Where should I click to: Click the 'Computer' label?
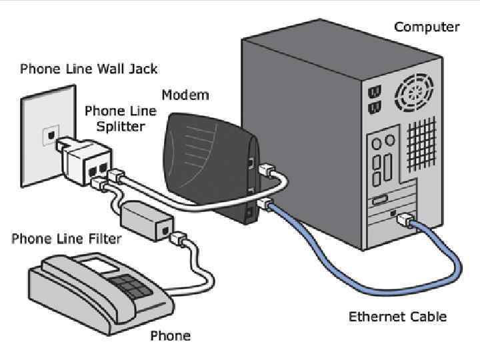427,27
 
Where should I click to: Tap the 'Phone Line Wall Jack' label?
89,69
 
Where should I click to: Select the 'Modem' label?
185,95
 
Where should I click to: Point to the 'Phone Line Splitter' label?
120,118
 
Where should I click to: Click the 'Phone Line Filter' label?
66,239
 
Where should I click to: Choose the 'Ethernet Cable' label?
397,316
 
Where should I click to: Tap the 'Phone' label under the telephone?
170,335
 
